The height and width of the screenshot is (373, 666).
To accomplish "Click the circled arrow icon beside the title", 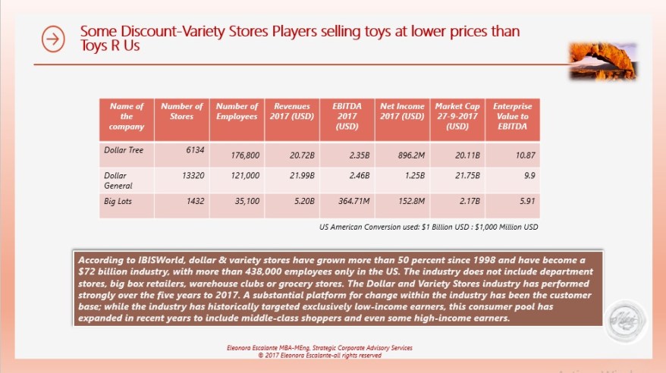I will [53, 39].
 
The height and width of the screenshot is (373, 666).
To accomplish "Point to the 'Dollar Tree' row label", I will [124, 150].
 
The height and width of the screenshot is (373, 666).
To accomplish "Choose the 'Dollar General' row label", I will [118, 180].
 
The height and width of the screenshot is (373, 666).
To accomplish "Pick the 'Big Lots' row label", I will [118, 201].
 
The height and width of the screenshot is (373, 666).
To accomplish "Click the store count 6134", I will [195, 150].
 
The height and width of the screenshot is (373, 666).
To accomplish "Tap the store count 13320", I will [192, 175].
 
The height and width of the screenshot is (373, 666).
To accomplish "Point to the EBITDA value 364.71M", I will [352, 205].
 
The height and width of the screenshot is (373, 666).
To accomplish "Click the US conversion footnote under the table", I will [429, 227].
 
